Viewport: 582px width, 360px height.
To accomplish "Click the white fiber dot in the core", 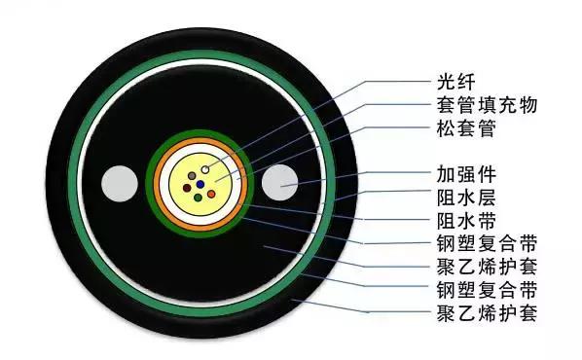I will tap(207, 171).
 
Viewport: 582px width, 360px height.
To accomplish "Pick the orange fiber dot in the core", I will tap(212, 193).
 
